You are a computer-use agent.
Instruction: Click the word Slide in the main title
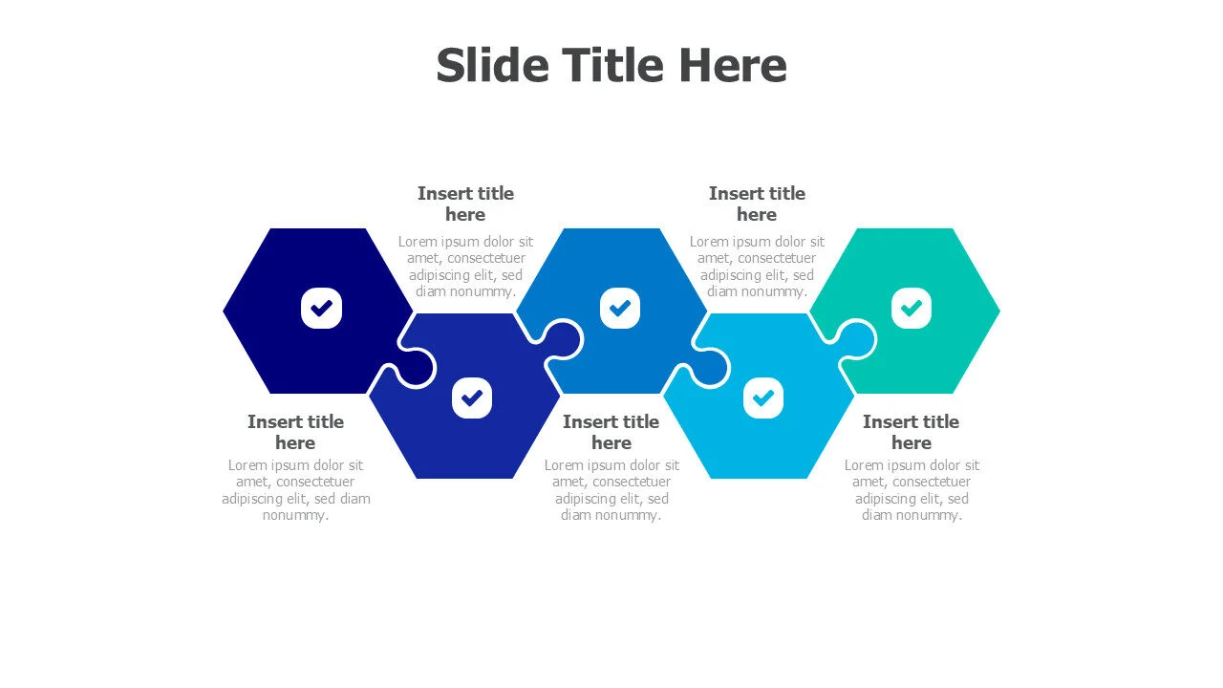(x=492, y=65)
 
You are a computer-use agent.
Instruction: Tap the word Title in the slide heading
(x=613, y=65)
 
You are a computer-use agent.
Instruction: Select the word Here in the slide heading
(x=732, y=65)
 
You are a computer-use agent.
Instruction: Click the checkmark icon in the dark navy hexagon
(x=322, y=309)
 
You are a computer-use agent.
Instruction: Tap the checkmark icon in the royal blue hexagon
(x=472, y=398)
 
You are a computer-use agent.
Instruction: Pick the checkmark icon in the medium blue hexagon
(x=620, y=309)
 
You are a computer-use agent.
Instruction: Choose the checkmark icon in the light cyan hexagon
(x=763, y=398)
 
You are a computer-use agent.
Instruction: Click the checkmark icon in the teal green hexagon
(x=912, y=309)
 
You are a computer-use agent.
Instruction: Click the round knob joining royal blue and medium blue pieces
(x=563, y=339)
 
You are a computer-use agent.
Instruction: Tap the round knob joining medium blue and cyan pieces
(x=709, y=368)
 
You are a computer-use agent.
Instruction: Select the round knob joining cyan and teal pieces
(x=856, y=339)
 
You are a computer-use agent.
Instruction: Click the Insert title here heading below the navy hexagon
(x=295, y=432)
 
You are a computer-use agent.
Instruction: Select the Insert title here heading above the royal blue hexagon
(x=465, y=204)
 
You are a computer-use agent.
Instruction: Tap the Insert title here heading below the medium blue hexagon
(x=611, y=432)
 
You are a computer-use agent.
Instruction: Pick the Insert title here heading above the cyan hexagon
(x=758, y=204)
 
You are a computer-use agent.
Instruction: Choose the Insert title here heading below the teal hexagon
(x=912, y=432)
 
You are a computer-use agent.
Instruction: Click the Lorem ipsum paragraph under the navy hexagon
(x=296, y=490)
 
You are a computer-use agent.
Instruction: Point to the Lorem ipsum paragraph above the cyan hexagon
(x=758, y=266)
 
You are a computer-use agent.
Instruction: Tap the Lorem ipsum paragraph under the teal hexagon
(x=912, y=490)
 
